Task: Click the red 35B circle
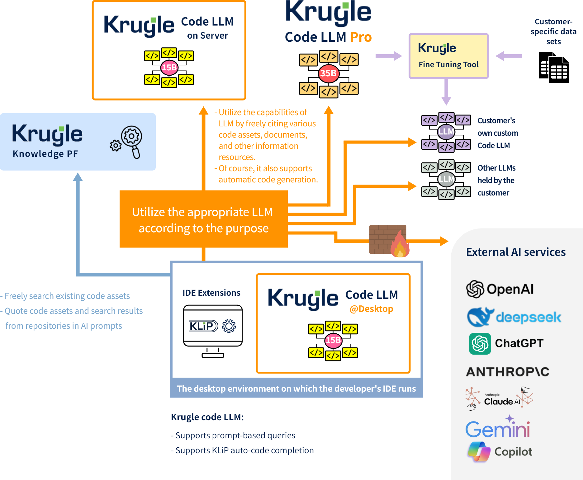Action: [329, 73]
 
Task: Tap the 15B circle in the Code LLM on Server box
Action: [169, 67]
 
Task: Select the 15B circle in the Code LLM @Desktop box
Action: [333, 340]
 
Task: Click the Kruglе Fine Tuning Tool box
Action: [448, 56]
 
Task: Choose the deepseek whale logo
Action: [480, 317]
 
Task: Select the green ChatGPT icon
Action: [480, 344]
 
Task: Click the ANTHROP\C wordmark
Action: [508, 372]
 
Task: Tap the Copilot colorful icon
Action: [479, 452]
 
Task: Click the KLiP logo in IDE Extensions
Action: [203, 326]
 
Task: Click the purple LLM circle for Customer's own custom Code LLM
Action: [446, 132]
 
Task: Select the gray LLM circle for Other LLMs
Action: [446, 179]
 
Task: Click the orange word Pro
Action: [361, 37]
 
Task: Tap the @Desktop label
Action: [371, 309]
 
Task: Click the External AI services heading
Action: [516, 252]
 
